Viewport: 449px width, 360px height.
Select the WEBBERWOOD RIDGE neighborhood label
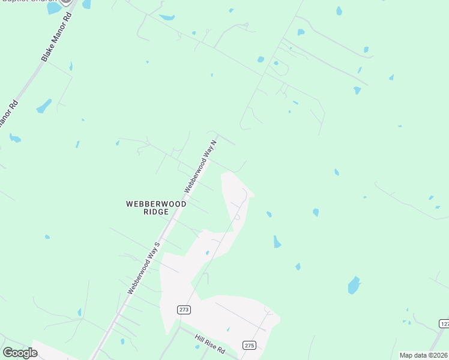pyautogui.click(x=156, y=208)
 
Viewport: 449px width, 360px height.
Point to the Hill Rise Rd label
pyautogui.click(x=209, y=344)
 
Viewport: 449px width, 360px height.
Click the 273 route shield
pyautogui.click(x=184, y=310)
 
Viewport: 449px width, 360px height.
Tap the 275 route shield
pyautogui.click(x=250, y=345)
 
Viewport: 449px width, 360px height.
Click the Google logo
pyautogui.click(x=20, y=352)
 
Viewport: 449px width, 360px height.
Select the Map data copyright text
pyautogui.click(x=423, y=355)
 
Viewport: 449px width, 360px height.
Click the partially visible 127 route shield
pyautogui.click(x=444, y=324)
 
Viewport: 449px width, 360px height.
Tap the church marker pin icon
pyautogui.click(x=67, y=2)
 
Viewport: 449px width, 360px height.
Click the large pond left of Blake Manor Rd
pyautogui.click(x=44, y=107)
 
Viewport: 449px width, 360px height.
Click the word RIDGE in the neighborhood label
pyautogui.click(x=156, y=212)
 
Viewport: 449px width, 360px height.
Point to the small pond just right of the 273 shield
pyautogui.click(x=208, y=253)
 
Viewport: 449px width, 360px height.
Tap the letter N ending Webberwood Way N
pyautogui.click(x=214, y=142)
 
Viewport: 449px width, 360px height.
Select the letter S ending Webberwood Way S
pyautogui.click(x=158, y=245)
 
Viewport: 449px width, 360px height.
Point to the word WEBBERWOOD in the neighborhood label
pyautogui.click(x=156, y=204)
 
